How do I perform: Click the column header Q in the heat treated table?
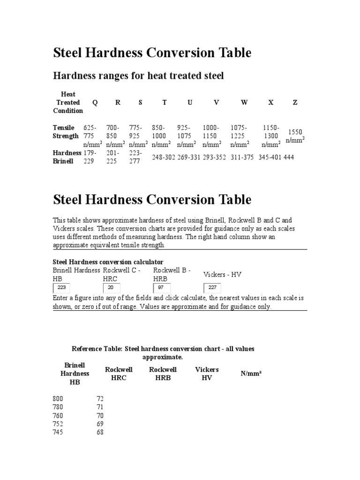pos(95,103)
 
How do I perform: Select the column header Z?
pos(295,103)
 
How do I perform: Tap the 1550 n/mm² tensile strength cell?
pos(295,136)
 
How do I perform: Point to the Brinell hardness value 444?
pos(289,157)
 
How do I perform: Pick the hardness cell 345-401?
pos(270,157)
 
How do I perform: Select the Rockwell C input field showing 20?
pos(112,288)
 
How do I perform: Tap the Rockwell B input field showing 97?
pos(162,288)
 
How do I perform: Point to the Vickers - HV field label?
pos(222,275)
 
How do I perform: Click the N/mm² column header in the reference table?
pos(251,374)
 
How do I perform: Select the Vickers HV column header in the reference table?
pos(207,374)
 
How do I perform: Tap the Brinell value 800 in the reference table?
pos(58,399)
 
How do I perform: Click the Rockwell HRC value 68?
pos(100,433)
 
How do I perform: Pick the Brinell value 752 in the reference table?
pos(58,424)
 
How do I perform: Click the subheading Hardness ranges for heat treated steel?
pos(138,75)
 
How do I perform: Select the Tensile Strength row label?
pos(66,132)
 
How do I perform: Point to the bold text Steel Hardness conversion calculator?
pos(108,262)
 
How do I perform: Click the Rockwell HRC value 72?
pos(100,399)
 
